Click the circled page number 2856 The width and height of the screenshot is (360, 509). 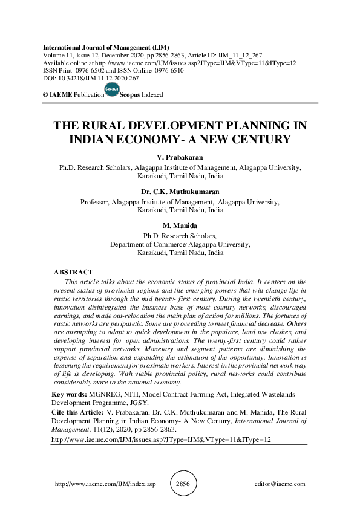pos(182,484)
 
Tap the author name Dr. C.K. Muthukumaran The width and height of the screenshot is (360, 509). pos(180,192)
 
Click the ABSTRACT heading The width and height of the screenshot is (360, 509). pos(73,273)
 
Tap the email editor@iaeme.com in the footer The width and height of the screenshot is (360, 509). pos(281,484)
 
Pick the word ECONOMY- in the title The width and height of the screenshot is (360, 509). pos(156,140)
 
